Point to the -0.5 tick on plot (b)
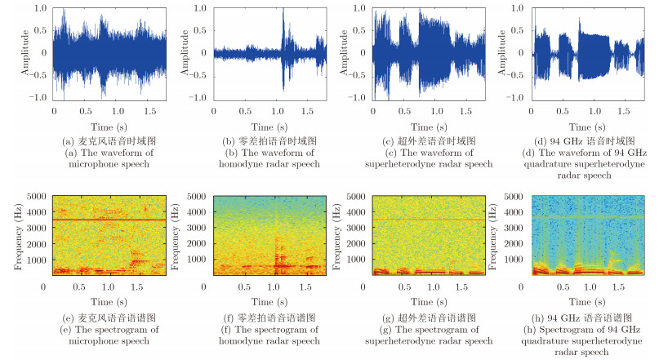[201, 75]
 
